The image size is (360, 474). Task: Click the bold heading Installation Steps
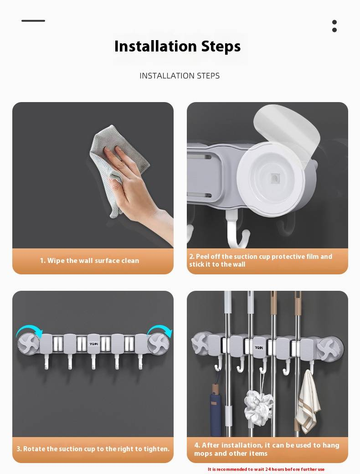pyautogui.click(x=177, y=46)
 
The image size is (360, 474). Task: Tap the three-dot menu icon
pyautogui.click(x=334, y=26)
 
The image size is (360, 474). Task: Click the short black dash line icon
pyautogui.click(x=33, y=21)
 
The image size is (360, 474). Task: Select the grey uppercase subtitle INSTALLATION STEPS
pyautogui.click(x=180, y=76)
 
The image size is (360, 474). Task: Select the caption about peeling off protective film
pyautogui.click(x=261, y=260)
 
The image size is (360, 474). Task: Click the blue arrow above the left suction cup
pyautogui.click(x=29, y=329)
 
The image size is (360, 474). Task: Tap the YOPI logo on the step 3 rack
pyautogui.click(x=94, y=344)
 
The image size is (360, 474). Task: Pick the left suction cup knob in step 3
pyautogui.click(x=29, y=344)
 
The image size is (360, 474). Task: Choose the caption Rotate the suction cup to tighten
pyautogui.click(x=93, y=449)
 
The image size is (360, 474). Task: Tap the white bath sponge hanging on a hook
pyautogui.click(x=258, y=407)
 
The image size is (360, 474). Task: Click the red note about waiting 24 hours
pyautogui.click(x=266, y=469)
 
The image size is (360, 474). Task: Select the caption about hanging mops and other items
pyautogui.click(x=267, y=449)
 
